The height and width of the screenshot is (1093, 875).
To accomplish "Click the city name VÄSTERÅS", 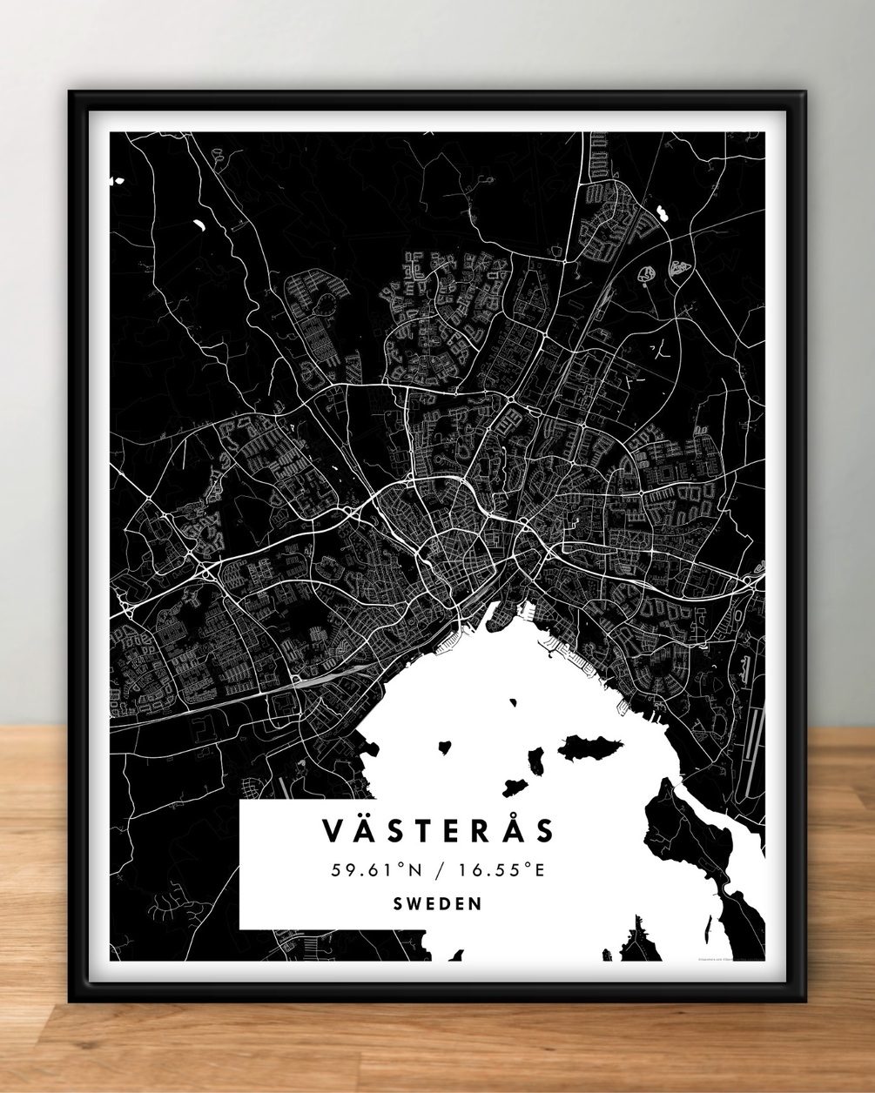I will (439, 830).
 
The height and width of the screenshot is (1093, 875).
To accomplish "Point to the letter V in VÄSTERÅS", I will (333, 831).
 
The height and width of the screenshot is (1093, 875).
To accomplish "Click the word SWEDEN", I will (438, 903).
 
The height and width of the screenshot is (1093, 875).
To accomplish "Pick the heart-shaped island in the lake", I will (447, 747).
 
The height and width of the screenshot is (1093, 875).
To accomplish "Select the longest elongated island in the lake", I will (591, 746).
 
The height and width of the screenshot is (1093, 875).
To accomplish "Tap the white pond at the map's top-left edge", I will (116, 181).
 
